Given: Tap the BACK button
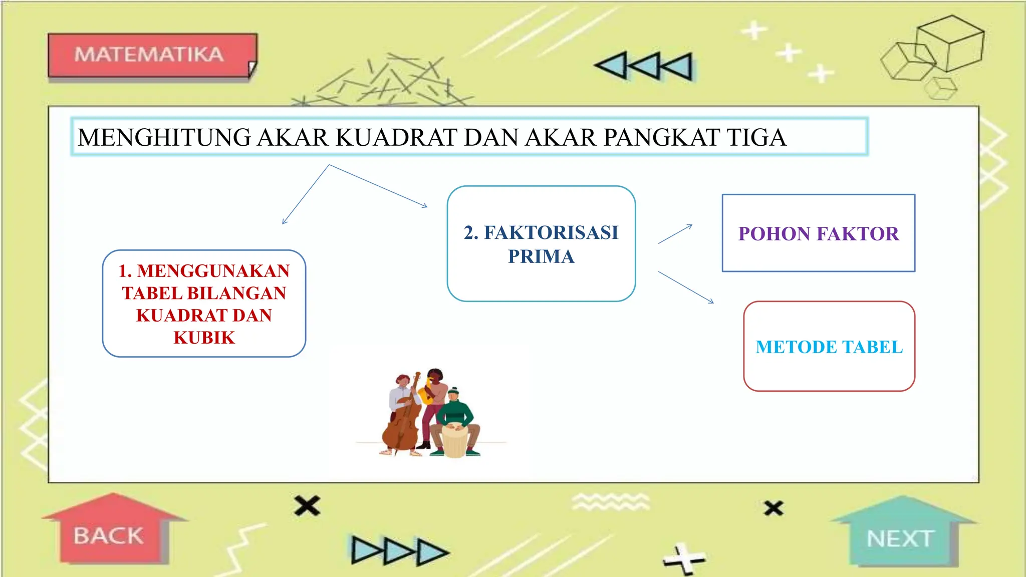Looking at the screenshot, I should point(109,535).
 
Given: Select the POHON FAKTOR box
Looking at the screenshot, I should point(818,233).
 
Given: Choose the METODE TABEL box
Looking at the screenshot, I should point(829,347).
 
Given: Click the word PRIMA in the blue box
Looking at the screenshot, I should point(541,256).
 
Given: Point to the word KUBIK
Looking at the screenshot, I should point(204,338).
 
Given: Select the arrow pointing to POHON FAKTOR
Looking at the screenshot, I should point(675,234).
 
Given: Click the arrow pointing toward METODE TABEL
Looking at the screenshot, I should point(686,287).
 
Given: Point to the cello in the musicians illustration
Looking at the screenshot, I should point(401,426).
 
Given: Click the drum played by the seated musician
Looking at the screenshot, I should point(454,441).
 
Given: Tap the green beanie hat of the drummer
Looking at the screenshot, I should point(453,391).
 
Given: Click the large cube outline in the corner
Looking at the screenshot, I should point(950,43).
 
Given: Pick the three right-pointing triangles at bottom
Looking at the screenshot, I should point(399,551).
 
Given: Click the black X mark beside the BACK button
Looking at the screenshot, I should point(307,506).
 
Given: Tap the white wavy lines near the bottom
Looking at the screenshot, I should point(610,501).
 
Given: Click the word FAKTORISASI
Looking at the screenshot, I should point(551,233).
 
